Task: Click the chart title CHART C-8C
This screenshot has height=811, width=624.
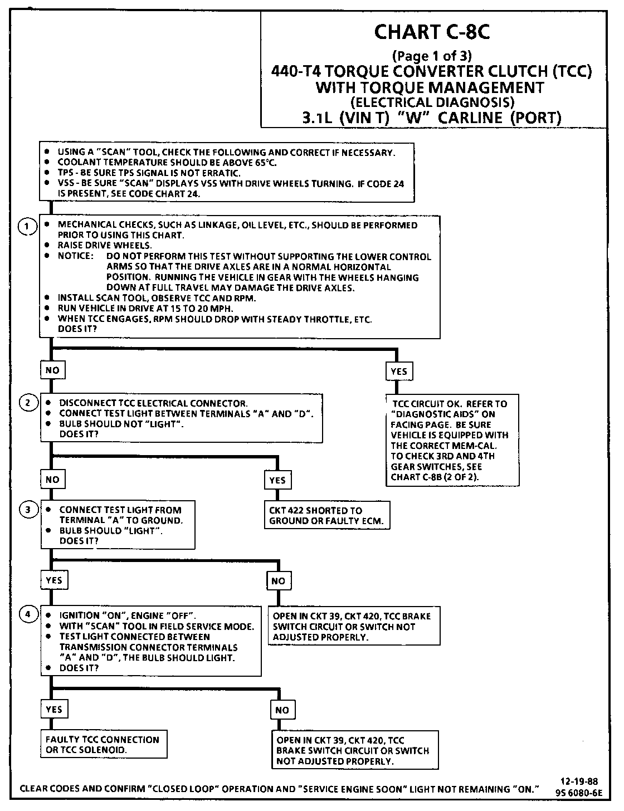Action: click(432, 32)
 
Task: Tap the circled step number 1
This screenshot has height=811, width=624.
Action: click(26, 227)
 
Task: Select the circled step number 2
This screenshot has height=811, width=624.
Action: click(27, 403)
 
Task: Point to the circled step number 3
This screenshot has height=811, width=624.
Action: click(27, 509)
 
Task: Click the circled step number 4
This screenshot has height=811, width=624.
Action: click(27, 614)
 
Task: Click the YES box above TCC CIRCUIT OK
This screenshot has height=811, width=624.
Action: click(399, 371)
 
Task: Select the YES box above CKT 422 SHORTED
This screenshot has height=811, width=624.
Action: click(277, 480)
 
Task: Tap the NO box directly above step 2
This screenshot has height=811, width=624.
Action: click(52, 370)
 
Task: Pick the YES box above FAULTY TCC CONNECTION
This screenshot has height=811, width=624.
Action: click(53, 709)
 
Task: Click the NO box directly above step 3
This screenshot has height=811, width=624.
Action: click(52, 479)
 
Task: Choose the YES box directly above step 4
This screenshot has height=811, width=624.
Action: click(53, 580)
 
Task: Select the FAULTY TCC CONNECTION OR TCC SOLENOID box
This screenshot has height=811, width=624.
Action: click(103, 745)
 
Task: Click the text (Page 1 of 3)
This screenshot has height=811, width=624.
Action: click(432, 56)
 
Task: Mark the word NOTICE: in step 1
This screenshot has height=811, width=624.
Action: click(75, 256)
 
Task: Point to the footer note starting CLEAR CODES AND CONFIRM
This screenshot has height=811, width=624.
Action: click(280, 789)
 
